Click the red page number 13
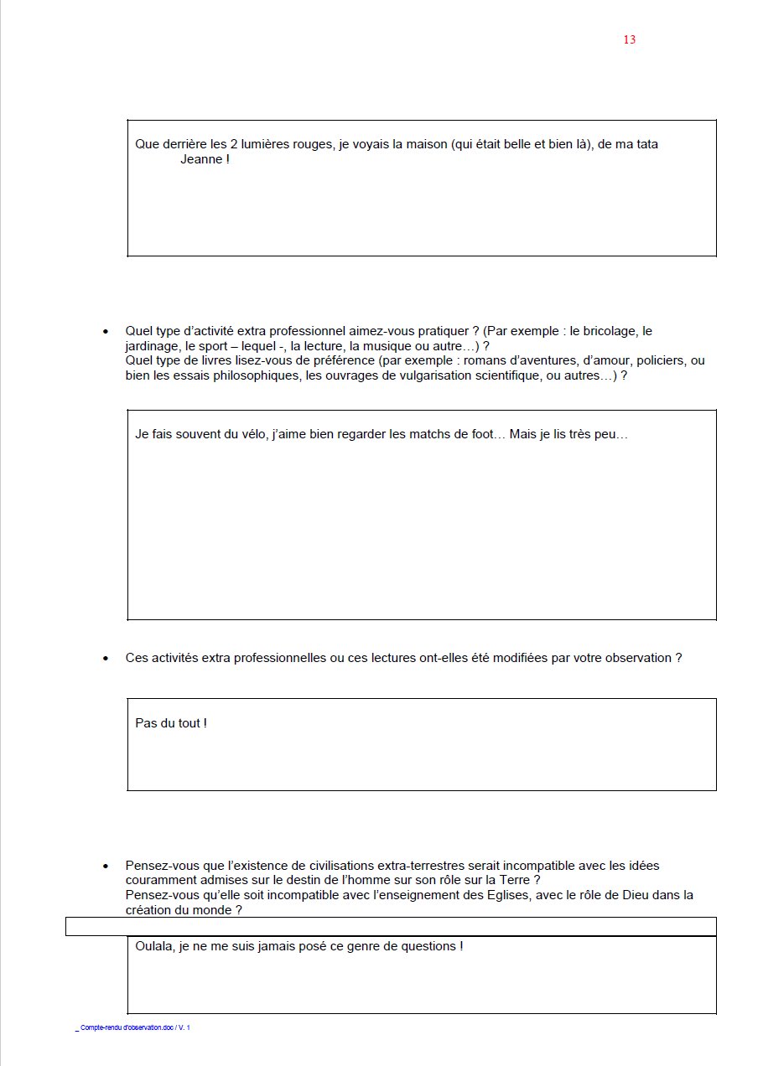click(x=630, y=40)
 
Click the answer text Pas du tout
click(x=170, y=722)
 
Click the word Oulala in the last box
click(x=155, y=946)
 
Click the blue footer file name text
click(x=134, y=1027)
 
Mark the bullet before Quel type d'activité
click(x=106, y=332)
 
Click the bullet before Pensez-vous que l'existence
click(x=106, y=866)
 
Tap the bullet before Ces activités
click(x=106, y=659)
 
